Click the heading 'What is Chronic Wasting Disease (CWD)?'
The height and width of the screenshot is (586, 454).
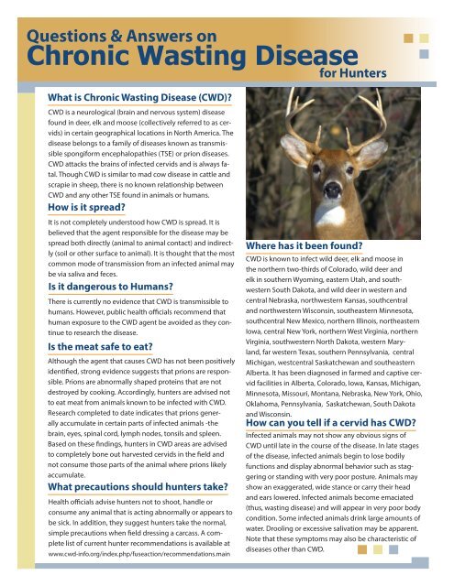point(138,99)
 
